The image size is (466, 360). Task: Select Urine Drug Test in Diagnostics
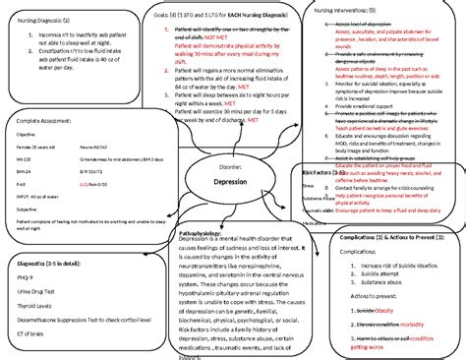point(40,296)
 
